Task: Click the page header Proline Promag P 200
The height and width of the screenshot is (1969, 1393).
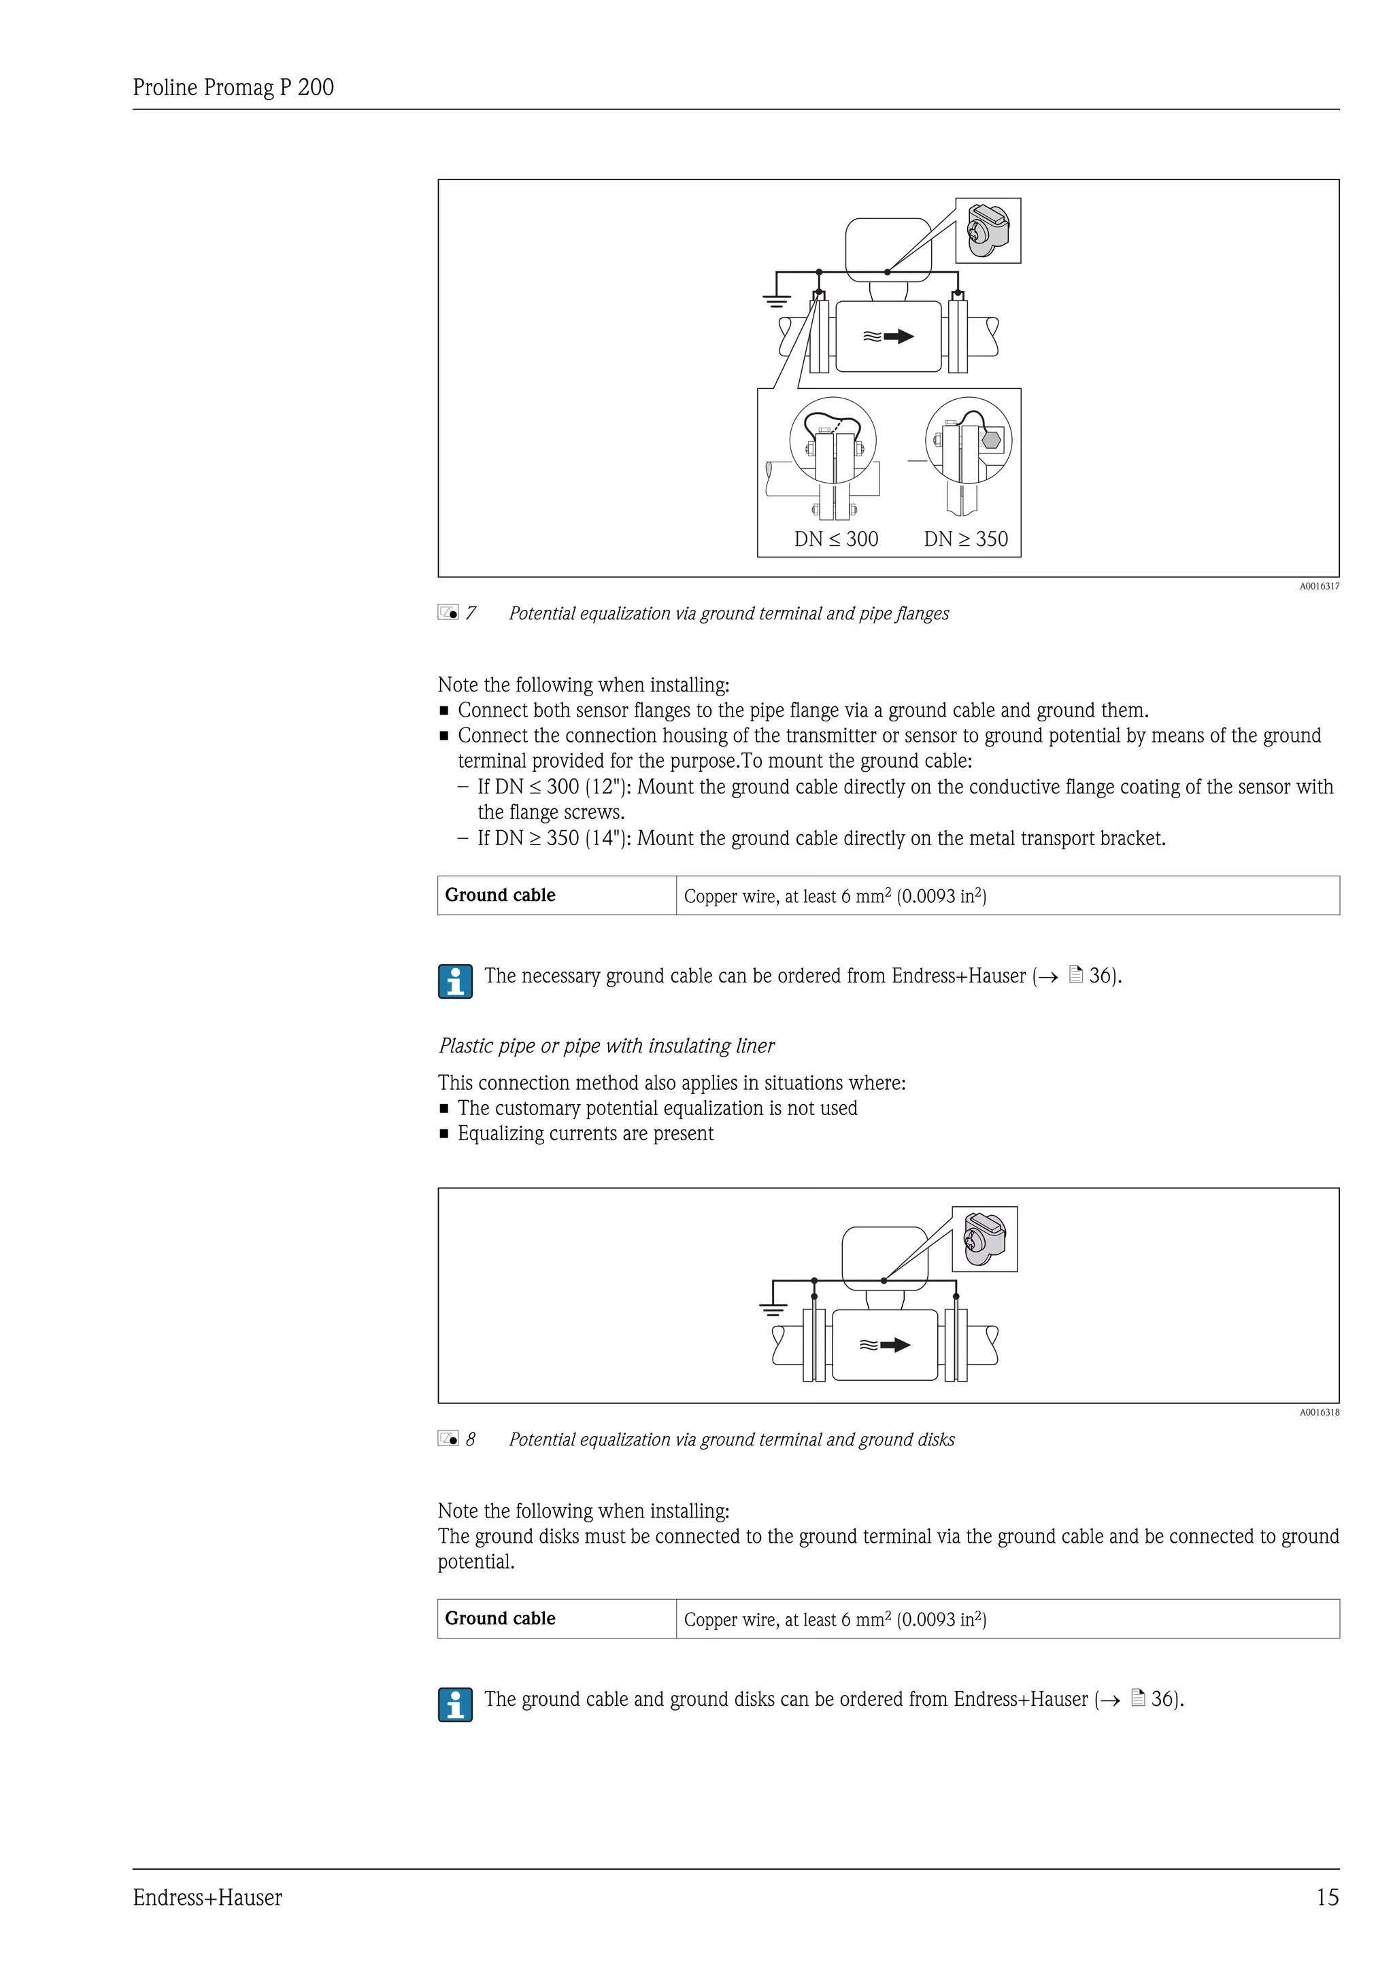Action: click(x=233, y=88)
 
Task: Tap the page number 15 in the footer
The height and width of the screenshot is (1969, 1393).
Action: click(x=1327, y=1897)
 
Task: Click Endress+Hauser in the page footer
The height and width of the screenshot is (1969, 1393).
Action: click(x=207, y=1898)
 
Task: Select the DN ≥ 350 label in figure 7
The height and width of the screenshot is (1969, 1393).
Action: click(x=966, y=538)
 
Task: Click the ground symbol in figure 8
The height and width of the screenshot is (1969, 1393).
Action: click(x=773, y=1309)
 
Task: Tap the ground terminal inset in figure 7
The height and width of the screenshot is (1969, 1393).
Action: click(x=988, y=230)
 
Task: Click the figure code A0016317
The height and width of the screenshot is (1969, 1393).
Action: click(x=1318, y=587)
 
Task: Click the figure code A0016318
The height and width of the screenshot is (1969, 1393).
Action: click(x=1318, y=1412)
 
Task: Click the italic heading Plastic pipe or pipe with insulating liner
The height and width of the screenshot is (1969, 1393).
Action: click(x=607, y=1046)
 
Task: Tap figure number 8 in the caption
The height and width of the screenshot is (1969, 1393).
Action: click(x=470, y=1439)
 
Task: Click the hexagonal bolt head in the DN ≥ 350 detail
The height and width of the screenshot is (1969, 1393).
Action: click(x=992, y=439)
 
